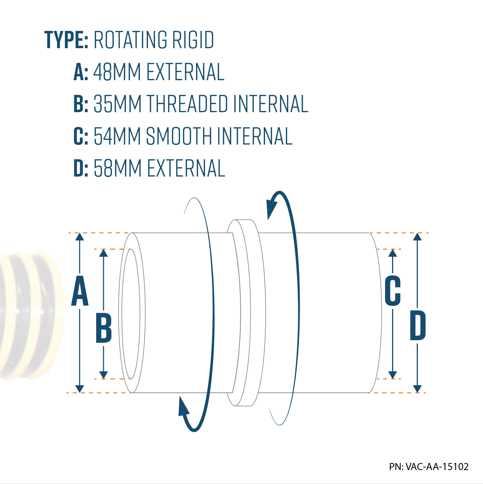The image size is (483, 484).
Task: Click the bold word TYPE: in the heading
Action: (x=66, y=40)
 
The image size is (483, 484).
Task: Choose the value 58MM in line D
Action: (x=117, y=168)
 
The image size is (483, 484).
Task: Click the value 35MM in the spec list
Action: (x=117, y=104)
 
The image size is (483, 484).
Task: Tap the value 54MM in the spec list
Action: (x=117, y=136)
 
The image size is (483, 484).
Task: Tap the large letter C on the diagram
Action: (x=392, y=291)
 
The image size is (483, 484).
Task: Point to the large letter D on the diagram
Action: (x=418, y=325)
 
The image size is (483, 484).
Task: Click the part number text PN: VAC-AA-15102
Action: (x=429, y=467)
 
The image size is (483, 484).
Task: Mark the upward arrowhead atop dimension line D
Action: (x=417, y=237)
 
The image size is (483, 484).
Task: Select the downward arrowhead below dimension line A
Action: (x=80, y=388)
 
